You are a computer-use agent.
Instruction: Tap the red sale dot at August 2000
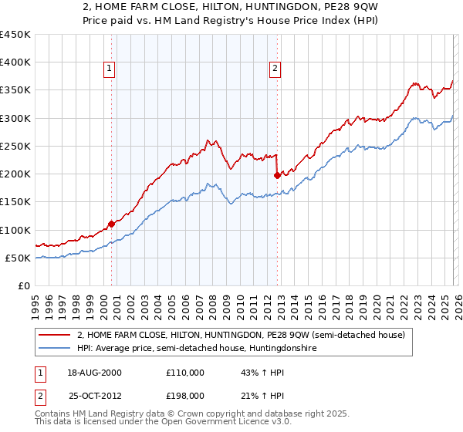[111, 224]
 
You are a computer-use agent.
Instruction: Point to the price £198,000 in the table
[184, 397]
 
